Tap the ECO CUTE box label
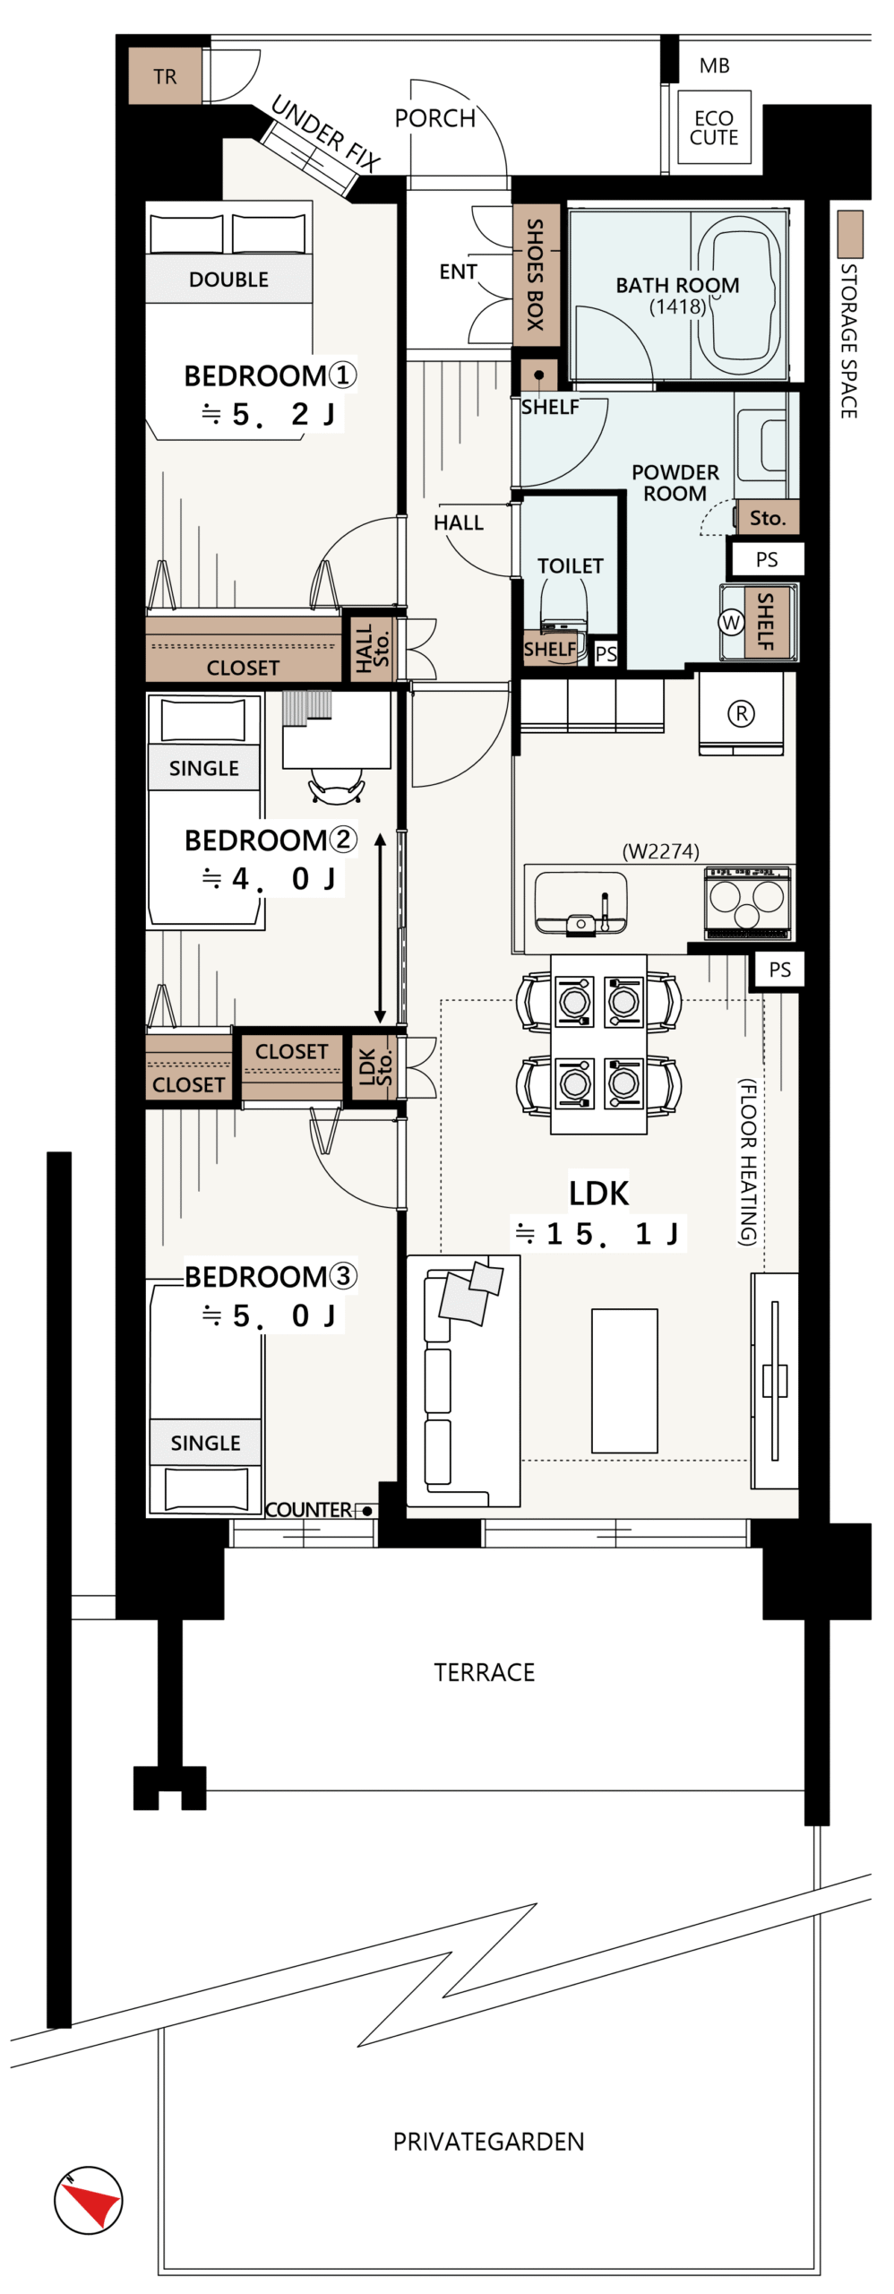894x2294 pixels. (x=714, y=128)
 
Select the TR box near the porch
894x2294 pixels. (x=165, y=76)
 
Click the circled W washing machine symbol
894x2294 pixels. (x=732, y=623)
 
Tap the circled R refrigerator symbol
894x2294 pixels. (x=741, y=714)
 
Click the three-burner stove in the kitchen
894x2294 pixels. (x=747, y=902)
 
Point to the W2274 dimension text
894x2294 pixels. (x=661, y=851)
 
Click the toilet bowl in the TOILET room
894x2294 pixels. (x=563, y=603)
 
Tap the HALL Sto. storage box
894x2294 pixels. (x=372, y=647)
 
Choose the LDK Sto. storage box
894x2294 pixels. (x=374, y=1067)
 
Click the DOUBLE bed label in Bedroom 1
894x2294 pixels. (x=228, y=280)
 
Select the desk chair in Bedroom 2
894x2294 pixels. (x=336, y=785)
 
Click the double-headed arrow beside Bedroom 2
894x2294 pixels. (x=380, y=927)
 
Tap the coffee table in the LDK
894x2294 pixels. (x=624, y=1381)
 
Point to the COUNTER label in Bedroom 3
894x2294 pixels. (x=309, y=1510)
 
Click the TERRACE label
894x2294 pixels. (x=484, y=1672)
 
